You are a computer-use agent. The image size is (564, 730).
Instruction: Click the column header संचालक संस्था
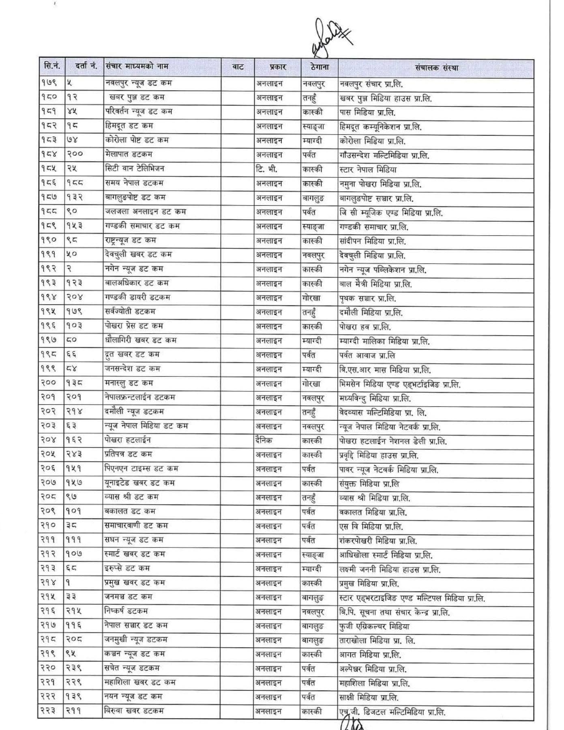436,68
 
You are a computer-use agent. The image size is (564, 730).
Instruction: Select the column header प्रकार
278,67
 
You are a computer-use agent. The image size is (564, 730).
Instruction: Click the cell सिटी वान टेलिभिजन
134,168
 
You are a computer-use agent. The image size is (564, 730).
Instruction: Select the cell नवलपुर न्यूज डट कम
138,83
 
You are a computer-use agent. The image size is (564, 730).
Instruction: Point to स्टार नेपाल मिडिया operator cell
368,170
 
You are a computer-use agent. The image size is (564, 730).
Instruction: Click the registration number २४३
74,454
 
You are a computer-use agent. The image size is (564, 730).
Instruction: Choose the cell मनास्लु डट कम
129,383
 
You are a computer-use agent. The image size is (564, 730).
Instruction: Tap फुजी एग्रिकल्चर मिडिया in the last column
374,627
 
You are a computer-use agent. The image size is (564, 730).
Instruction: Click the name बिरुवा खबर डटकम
134,711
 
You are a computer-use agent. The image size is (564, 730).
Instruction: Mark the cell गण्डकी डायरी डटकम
137,297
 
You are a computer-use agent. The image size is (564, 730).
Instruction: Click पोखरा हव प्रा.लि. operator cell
365,327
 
